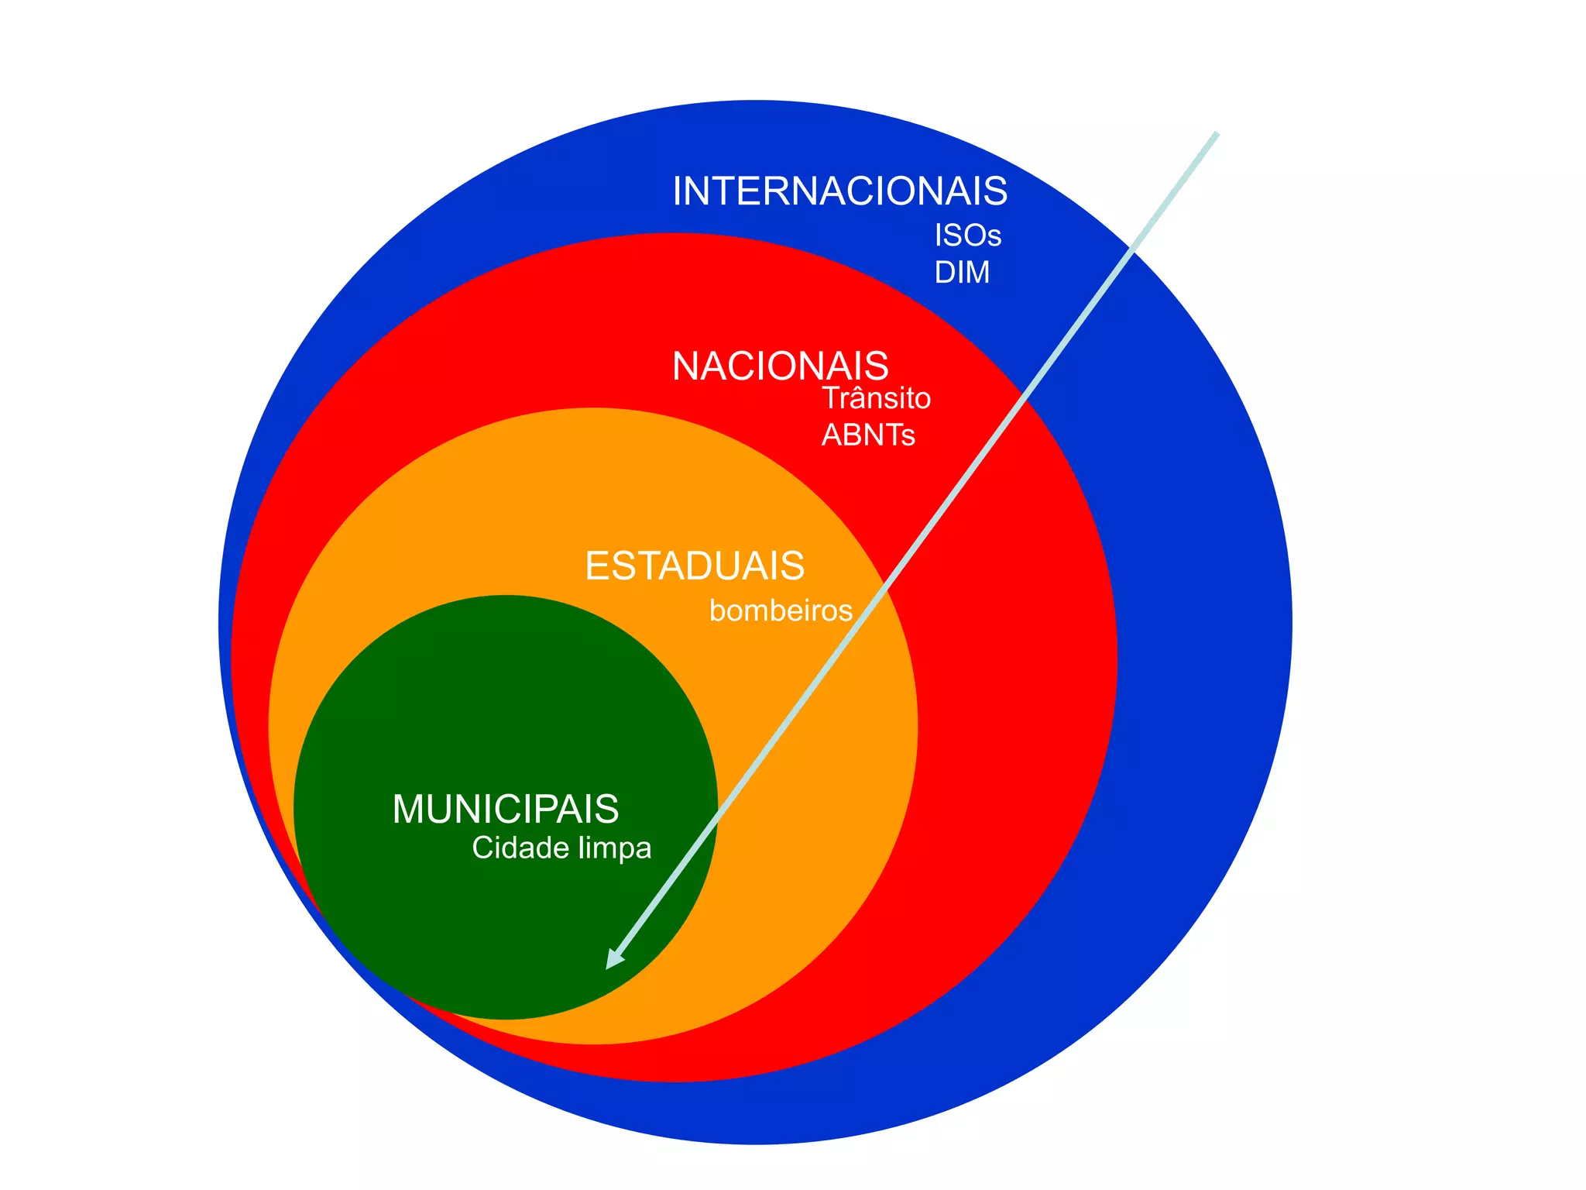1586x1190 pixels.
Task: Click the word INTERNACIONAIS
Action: (x=839, y=191)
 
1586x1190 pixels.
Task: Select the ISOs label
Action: (x=967, y=236)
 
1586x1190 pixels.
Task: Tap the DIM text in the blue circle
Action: (x=962, y=273)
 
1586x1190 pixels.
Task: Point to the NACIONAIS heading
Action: (x=780, y=366)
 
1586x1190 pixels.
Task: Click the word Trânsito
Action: (x=876, y=398)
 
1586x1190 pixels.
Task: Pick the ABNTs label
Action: (x=868, y=435)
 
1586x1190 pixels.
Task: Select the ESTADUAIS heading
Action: (x=695, y=566)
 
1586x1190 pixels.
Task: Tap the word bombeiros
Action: (x=781, y=611)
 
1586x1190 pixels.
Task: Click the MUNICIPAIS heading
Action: (x=506, y=810)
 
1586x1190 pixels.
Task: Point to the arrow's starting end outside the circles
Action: (x=1216, y=136)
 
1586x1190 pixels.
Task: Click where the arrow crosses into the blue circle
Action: (x=1133, y=249)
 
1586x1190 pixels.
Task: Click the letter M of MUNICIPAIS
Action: (x=408, y=810)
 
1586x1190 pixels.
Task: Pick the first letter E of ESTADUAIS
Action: (x=596, y=566)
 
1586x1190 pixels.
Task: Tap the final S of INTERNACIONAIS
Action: (x=996, y=191)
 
